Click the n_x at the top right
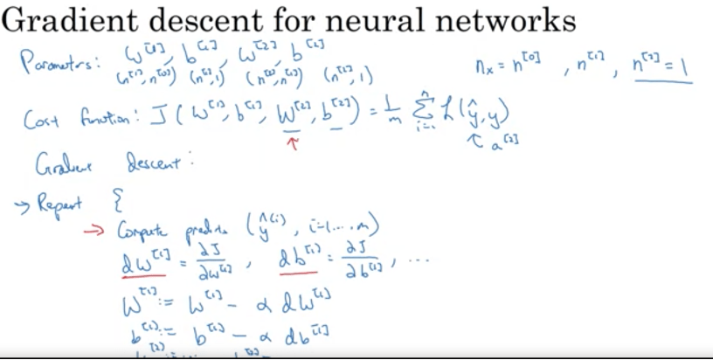483,64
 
